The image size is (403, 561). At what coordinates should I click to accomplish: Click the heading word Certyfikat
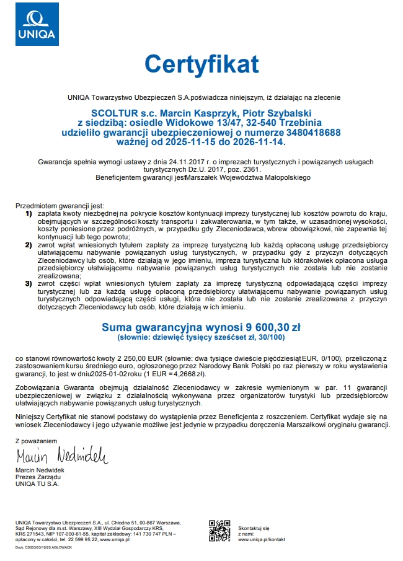(x=201, y=64)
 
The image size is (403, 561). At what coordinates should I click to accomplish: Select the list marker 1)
(x=29, y=213)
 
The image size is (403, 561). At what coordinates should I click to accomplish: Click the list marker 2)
(x=29, y=245)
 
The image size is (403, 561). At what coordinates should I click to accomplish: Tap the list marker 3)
(x=29, y=283)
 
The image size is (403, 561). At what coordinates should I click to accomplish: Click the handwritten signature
(x=61, y=457)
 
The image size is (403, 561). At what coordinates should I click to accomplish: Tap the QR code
(x=219, y=531)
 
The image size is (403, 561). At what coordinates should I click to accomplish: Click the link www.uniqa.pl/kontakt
(x=262, y=539)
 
